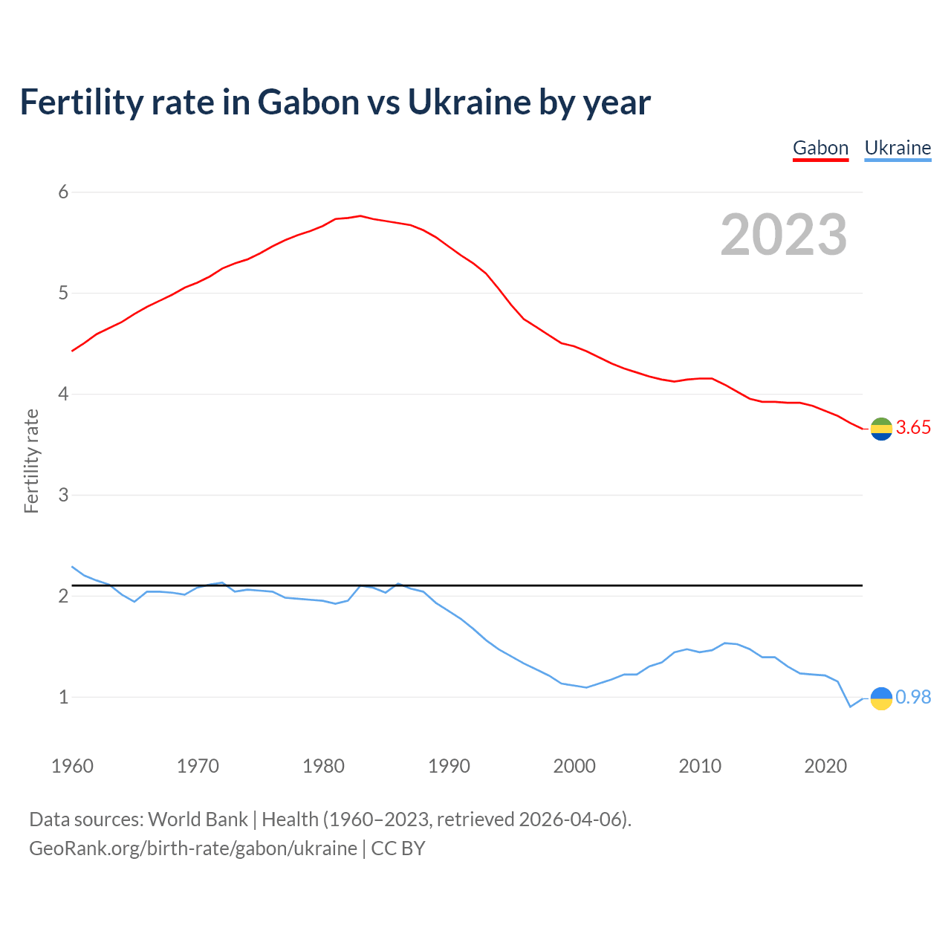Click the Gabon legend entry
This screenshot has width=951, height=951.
pyautogui.click(x=820, y=148)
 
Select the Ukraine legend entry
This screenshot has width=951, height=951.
pyautogui.click(x=898, y=148)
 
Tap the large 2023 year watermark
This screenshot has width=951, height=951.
pyautogui.click(x=784, y=235)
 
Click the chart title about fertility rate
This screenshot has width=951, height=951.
pyautogui.click(x=335, y=102)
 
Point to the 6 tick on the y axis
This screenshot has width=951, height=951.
pyautogui.click(x=63, y=192)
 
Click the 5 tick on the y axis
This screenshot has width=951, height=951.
pyautogui.click(x=63, y=293)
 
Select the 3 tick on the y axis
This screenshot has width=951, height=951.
pyautogui.click(x=63, y=495)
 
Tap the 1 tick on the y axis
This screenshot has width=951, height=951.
pyautogui.click(x=63, y=697)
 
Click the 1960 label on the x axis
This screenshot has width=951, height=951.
pyautogui.click(x=72, y=766)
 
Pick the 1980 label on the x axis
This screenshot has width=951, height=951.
pyautogui.click(x=323, y=766)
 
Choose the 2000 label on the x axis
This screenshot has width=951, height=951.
pyautogui.click(x=574, y=766)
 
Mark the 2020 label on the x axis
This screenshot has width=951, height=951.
pyautogui.click(x=825, y=766)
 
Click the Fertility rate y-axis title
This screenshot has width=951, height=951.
pyautogui.click(x=31, y=461)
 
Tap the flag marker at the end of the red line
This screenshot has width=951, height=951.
pyautogui.click(x=881, y=429)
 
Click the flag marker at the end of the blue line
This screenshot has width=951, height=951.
pyautogui.click(x=881, y=698)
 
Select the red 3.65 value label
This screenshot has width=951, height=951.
pyautogui.click(x=913, y=428)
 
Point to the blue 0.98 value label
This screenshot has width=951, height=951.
pyautogui.click(x=913, y=697)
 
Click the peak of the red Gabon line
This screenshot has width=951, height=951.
pyautogui.click(x=360, y=216)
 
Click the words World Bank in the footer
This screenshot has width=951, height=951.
pyautogui.click(x=198, y=819)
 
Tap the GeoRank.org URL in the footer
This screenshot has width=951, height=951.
pyautogui.click(x=193, y=848)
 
